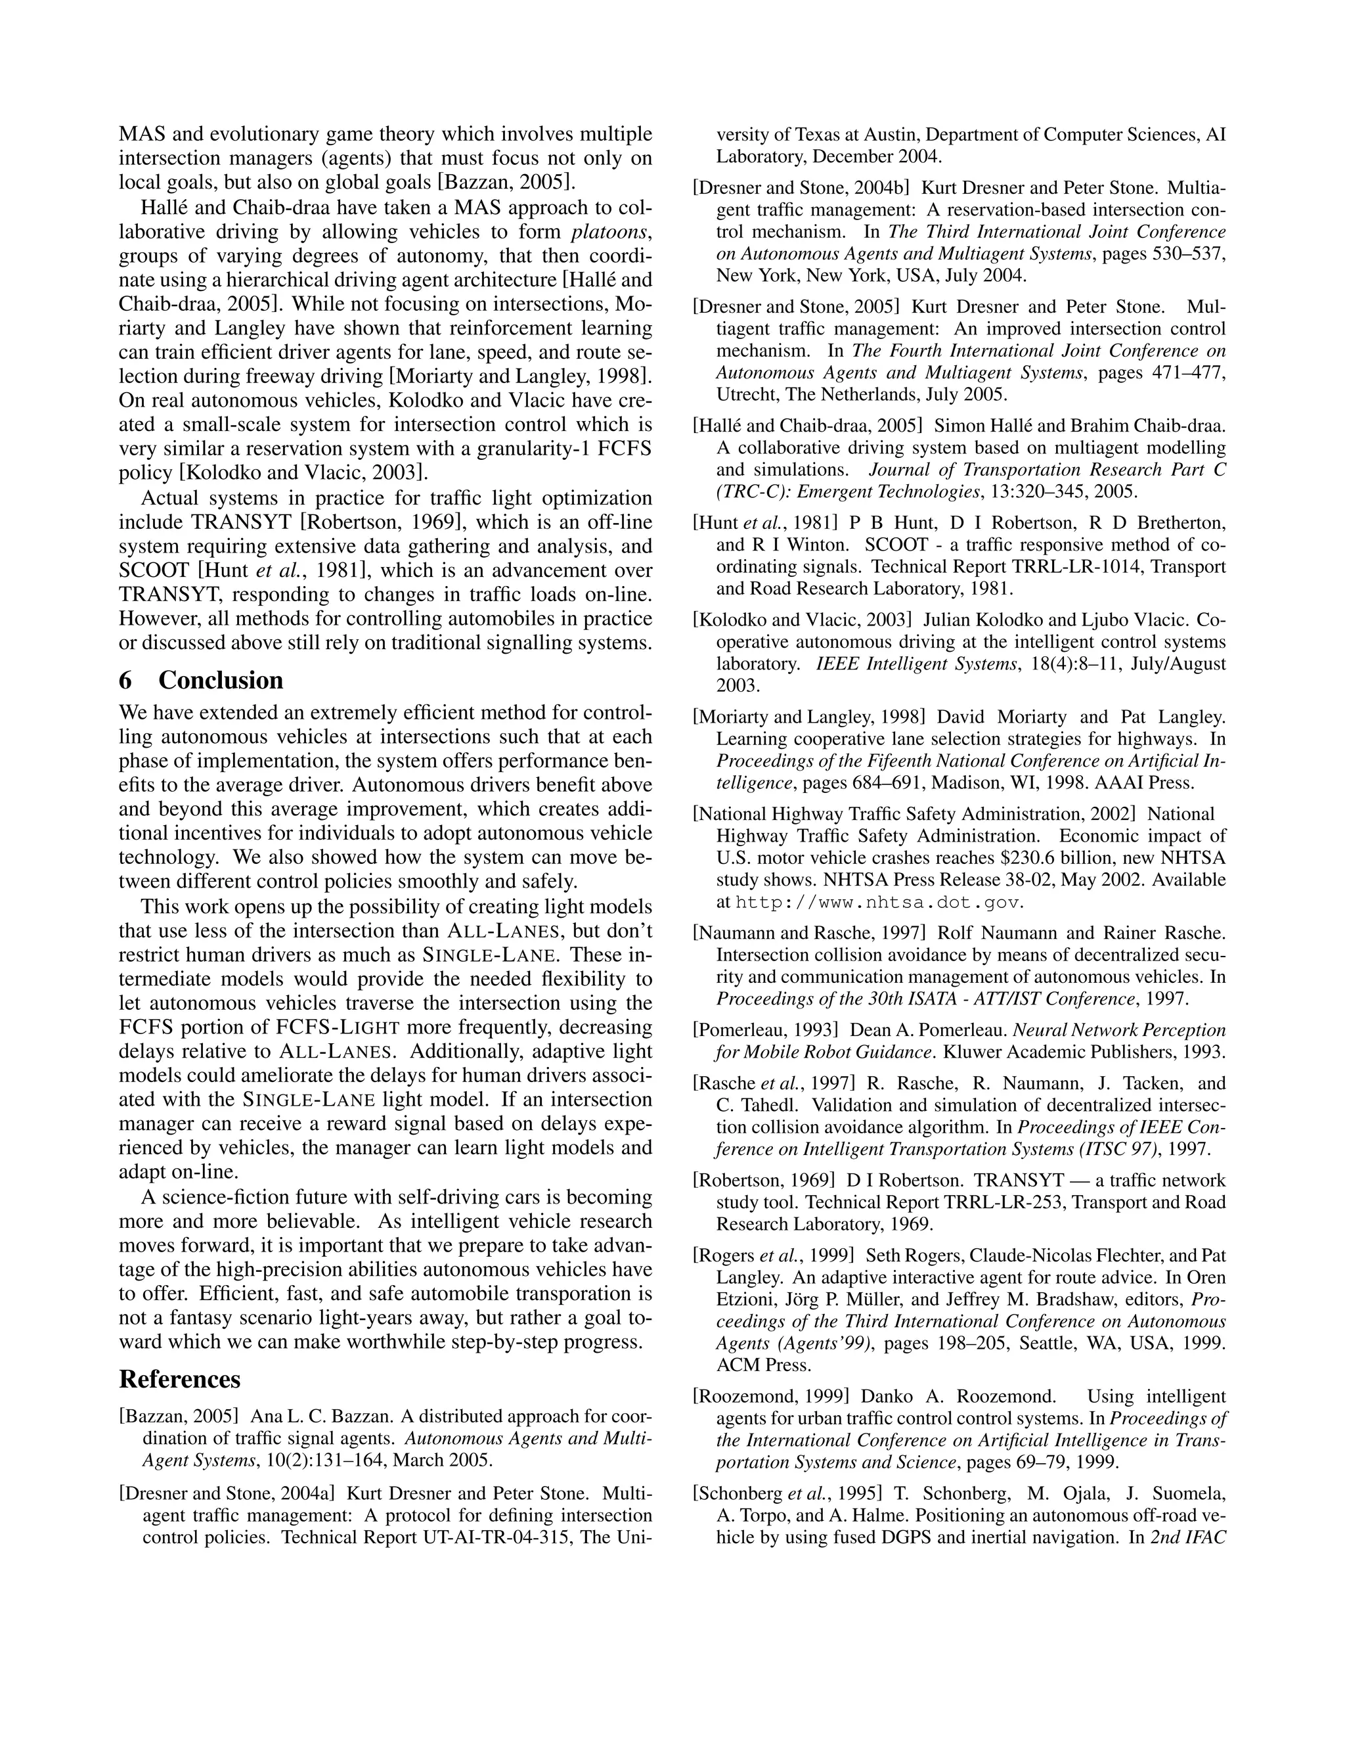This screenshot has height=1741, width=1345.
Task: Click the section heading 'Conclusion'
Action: [x=221, y=680]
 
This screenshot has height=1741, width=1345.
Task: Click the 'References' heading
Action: [x=179, y=1378]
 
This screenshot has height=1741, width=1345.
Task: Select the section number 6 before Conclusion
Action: [x=125, y=680]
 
